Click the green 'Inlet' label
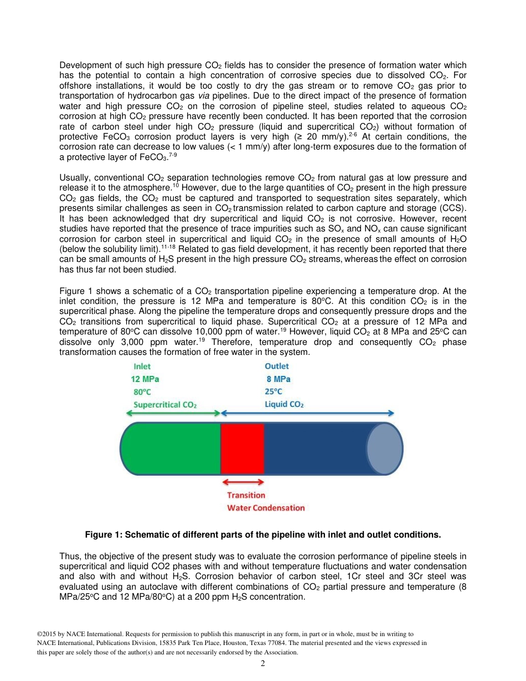pyautogui.click(x=142, y=367)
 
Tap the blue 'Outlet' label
pyautogui.click(x=276, y=367)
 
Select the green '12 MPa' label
pyautogui.click(x=145, y=379)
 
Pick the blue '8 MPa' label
pyautogui.click(x=278, y=379)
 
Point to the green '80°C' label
pyautogui.click(x=142, y=392)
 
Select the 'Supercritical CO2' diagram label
pyautogui.click(x=165, y=405)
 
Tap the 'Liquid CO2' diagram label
pyautogui.click(x=283, y=405)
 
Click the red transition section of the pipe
pyautogui.click(x=242, y=448)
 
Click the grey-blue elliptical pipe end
pyautogui.click(x=384, y=448)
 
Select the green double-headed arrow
pyautogui.click(x=173, y=413)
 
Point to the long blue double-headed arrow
pyautogui.click(x=308, y=413)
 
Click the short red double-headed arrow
pyautogui.click(x=243, y=483)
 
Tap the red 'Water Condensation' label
pyautogui.click(x=266, y=508)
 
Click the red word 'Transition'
pyautogui.click(x=246, y=496)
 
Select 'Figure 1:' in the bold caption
pyautogui.click(x=103, y=535)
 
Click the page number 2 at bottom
pyautogui.click(x=263, y=663)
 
